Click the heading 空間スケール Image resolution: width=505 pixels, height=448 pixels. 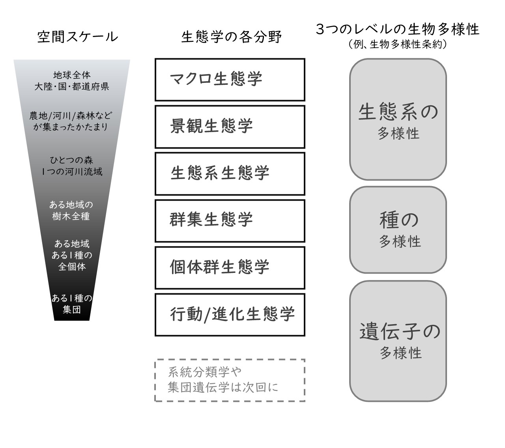pos(77,37)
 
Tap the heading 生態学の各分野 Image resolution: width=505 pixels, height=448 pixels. pos(232,37)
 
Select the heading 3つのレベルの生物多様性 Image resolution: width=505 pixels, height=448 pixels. pos(398,29)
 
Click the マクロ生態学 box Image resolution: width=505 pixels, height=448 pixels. pos(230,80)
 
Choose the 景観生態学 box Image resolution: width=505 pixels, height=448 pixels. pos(230,127)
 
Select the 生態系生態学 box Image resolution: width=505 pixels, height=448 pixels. pos(230,174)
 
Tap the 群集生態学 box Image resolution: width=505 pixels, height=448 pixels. pos(230,220)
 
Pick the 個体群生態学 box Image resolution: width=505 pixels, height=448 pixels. pos(230,267)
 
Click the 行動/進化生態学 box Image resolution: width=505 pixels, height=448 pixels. pos(230,314)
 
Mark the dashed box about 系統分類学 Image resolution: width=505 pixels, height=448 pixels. pos(230,380)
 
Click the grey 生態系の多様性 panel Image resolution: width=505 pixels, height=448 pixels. pos(398,119)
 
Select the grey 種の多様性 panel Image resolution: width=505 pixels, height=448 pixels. pos(398,230)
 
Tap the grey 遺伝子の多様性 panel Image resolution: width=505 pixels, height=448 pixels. pos(398,341)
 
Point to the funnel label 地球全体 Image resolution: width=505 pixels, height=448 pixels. pos(72,75)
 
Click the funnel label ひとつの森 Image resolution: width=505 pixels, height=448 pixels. pos(72,160)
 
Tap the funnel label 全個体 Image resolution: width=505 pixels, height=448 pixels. pos(72,267)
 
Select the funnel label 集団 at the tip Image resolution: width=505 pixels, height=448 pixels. pos(72,310)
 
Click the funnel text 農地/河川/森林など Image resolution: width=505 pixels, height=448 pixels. pos(71,116)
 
